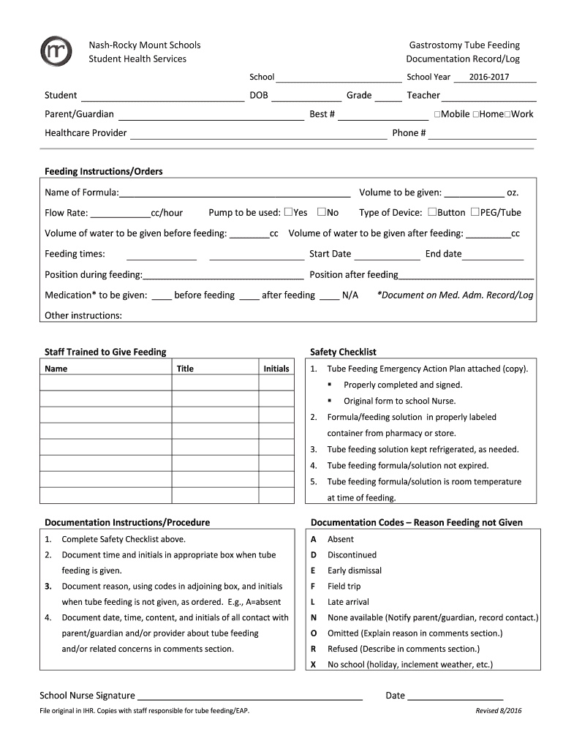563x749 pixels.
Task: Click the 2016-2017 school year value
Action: pyautogui.click(x=489, y=77)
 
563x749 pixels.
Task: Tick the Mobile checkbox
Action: pyautogui.click(x=437, y=114)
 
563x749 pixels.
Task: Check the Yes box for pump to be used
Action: pyautogui.click(x=288, y=212)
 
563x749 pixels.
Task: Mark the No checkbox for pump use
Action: pyautogui.click(x=321, y=212)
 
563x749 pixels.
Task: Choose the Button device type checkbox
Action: pyautogui.click(x=432, y=212)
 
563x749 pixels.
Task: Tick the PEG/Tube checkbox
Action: pyautogui.click(x=475, y=212)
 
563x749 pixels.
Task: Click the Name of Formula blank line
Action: pyautogui.click(x=234, y=194)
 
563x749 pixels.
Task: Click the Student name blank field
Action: pyautogui.click(x=162, y=97)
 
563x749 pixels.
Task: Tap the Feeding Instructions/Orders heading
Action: pyautogui.click(x=104, y=171)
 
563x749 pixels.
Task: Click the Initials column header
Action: pyautogui.click(x=276, y=369)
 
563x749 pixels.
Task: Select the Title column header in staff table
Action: pyautogui.click(x=185, y=369)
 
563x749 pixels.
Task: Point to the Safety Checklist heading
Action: pyautogui.click(x=343, y=352)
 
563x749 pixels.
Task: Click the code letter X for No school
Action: pyautogui.click(x=313, y=665)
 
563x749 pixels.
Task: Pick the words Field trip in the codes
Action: pyautogui.click(x=344, y=586)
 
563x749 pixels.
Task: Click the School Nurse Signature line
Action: pyautogui.click(x=250, y=696)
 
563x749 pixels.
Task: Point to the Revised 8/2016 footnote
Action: pyautogui.click(x=499, y=711)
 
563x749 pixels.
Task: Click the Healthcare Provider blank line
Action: pyautogui.click(x=258, y=134)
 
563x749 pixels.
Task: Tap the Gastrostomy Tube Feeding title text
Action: pyautogui.click(x=463, y=45)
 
